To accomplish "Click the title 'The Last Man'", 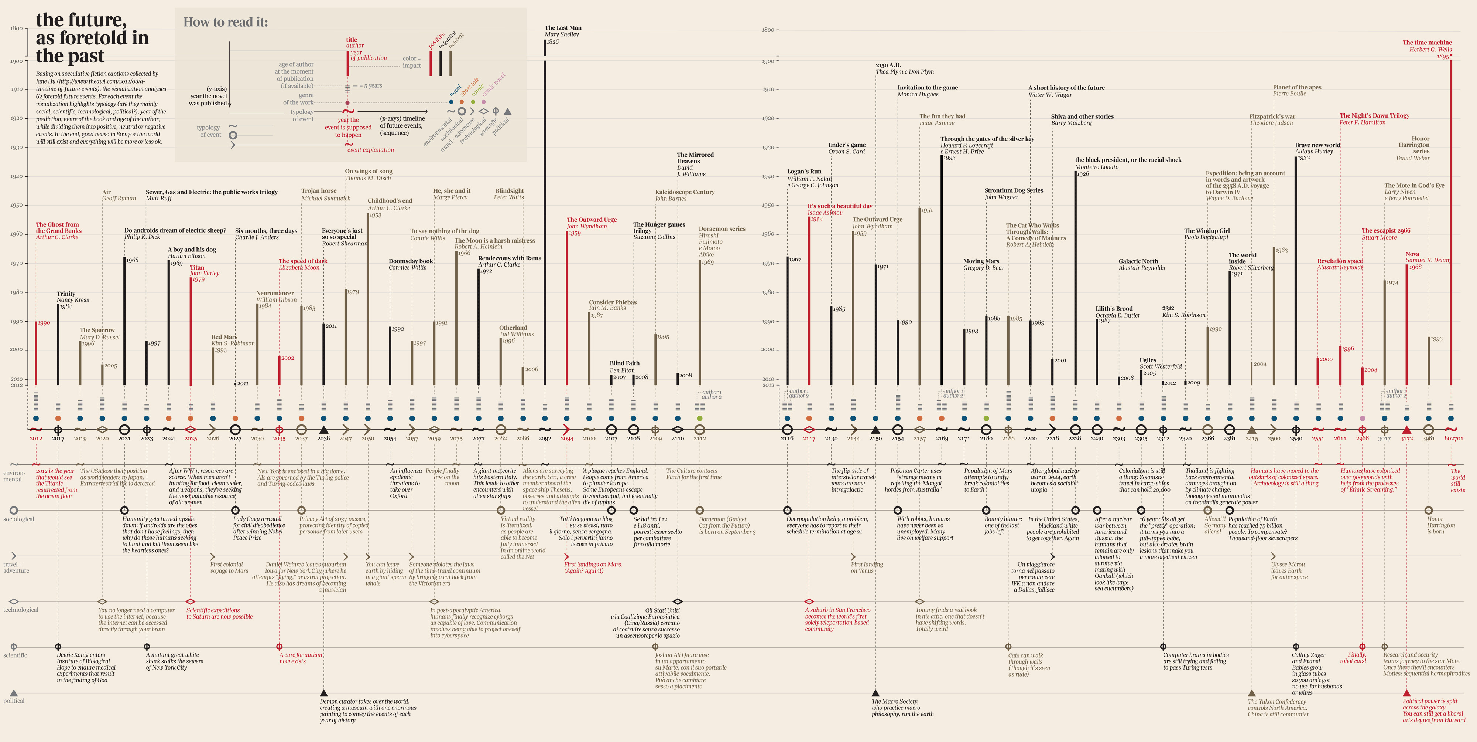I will [562, 28].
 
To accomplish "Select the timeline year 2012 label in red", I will [35, 438].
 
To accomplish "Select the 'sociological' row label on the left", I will [18, 519].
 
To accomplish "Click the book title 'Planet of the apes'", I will [1297, 87].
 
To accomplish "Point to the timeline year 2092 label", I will [545, 438].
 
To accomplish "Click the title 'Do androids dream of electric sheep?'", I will [175, 230].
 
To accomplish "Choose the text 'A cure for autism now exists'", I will [301, 658].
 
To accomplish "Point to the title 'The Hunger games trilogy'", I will [659, 227].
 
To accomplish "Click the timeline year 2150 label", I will [875, 438].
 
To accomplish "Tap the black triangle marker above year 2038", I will [323, 429].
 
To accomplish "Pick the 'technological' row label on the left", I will [21, 610].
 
